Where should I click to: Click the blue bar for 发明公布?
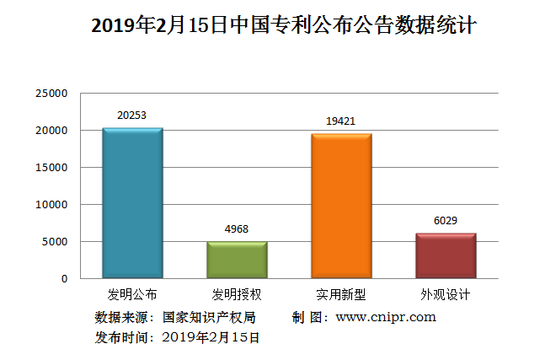(132, 203)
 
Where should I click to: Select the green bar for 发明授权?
(237, 260)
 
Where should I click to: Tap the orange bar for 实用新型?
(341, 206)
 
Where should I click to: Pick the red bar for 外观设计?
(446, 255)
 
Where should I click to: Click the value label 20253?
(132, 116)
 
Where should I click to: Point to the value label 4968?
(237, 228)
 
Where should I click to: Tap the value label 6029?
(446, 220)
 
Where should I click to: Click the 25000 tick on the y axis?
(51, 94)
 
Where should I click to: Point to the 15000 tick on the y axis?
(51, 168)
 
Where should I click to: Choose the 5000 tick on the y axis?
(55, 242)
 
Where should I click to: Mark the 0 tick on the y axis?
(64, 279)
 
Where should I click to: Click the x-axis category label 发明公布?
(132, 295)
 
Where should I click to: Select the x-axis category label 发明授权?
(237, 295)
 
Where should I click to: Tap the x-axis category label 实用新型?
(341, 295)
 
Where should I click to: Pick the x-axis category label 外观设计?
(446, 295)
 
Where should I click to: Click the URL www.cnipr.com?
(386, 318)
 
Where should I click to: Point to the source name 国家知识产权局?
(209, 318)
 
